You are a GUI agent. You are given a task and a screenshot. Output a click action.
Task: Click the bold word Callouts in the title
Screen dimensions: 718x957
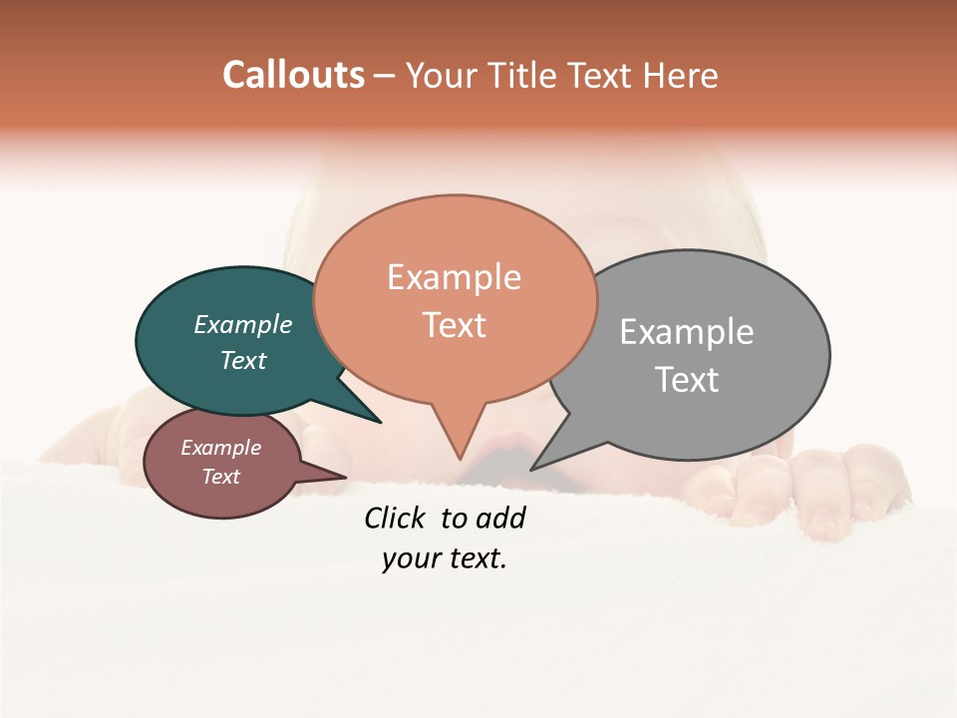tap(293, 75)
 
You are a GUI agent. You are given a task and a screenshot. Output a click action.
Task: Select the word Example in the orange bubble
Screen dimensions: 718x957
tap(454, 277)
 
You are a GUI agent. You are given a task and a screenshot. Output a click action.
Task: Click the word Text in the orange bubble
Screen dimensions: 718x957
tap(454, 325)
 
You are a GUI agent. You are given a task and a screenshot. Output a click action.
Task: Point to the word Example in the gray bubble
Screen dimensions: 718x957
tap(687, 332)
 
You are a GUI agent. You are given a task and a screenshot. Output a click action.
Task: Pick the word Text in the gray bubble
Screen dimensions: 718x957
tap(687, 380)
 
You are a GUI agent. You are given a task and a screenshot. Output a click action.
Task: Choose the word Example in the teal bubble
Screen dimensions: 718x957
tap(243, 325)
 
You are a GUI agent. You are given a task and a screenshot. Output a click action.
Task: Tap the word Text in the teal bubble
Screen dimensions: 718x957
tap(243, 361)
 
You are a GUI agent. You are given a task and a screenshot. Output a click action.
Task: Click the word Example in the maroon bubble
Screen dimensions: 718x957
tap(220, 448)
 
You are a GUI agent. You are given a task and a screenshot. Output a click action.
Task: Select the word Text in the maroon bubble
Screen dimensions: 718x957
tap(220, 477)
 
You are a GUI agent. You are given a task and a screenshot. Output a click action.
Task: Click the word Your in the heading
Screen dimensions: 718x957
tap(441, 75)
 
